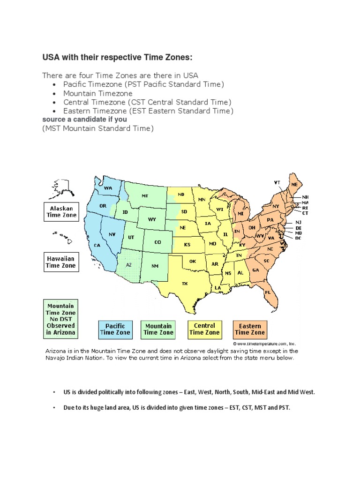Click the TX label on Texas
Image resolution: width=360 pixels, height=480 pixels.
pyautogui.click(x=184, y=283)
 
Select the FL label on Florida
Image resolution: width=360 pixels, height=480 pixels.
pyautogui.click(x=268, y=292)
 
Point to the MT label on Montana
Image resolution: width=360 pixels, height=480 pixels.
pyautogui.click(x=145, y=195)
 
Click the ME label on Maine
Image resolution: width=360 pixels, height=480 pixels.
pyautogui.click(x=294, y=185)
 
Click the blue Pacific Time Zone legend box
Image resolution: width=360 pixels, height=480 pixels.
pyautogui.click(x=115, y=329)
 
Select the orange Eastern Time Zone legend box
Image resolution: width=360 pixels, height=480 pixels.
pyautogui.click(x=250, y=329)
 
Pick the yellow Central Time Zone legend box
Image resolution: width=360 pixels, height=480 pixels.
pyautogui.click(x=204, y=329)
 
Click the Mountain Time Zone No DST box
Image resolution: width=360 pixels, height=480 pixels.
pyautogui.click(x=60, y=319)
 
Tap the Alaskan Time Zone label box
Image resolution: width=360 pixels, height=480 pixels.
pyautogui.click(x=60, y=211)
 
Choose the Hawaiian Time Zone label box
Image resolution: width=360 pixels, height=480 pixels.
pyautogui.click(x=60, y=262)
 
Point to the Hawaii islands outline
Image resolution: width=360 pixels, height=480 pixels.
pyautogui.click(x=62, y=237)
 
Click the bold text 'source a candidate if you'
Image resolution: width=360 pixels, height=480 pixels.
pyautogui.click(x=84, y=120)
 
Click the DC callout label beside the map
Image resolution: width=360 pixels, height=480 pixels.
pyautogui.click(x=298, y=238)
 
